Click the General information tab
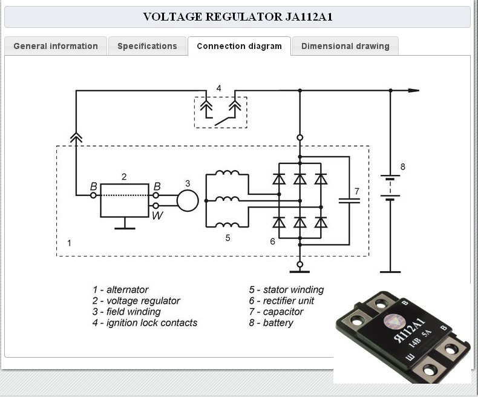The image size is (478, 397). pos(56,46)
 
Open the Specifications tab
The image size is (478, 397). pos(147,46)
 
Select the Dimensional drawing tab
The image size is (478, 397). pos(345,46)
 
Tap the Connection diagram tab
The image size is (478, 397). pos(240,46)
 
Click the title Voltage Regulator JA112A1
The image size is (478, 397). pos(238,16)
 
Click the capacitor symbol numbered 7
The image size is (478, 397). pos(349,201)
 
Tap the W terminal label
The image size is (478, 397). pos(157,215)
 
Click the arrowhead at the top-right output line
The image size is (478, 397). pos(414,91)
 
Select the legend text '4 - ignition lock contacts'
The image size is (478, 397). pos(145,323)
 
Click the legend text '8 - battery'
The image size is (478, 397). pos(271,323)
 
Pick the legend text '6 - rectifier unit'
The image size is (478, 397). pos(281,301)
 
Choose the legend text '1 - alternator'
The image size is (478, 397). pos(120,289)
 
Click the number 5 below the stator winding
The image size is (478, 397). pos(228,238)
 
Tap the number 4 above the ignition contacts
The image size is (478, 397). pos(218,88)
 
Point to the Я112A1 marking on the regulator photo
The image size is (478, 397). pos(410,330)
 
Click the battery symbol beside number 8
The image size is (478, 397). pos(390,188)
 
